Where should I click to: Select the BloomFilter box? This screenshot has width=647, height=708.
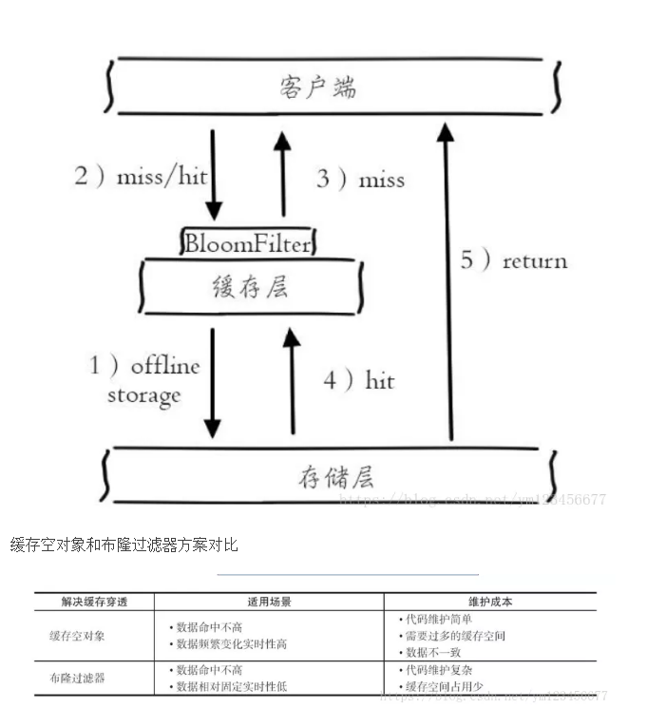click(x=247, y=243)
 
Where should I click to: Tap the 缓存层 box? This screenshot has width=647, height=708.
click(x=250, y=286)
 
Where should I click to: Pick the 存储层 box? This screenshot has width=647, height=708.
click(x=330, y=477)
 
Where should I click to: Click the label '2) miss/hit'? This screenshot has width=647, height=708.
click(x=142, y=177)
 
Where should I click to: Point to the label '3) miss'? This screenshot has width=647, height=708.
click(x=360, y=179)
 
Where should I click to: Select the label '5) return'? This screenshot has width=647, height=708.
click(x=514, y=260)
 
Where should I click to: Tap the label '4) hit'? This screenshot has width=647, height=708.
click(x=358, y=380)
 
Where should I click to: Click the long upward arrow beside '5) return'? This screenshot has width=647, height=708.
click(x=446, y=285)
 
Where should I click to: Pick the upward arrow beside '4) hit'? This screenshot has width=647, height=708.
click(x=292, y=380)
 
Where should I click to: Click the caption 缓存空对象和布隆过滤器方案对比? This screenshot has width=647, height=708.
click(x=124, y=545)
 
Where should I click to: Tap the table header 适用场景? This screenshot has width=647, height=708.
click(x=269, y=602)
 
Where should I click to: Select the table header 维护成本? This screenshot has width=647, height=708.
click(x=490, y=602)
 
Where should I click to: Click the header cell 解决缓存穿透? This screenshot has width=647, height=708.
click(x=94, y=602)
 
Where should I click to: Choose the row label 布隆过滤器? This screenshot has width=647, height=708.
click(x=78, y=678)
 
